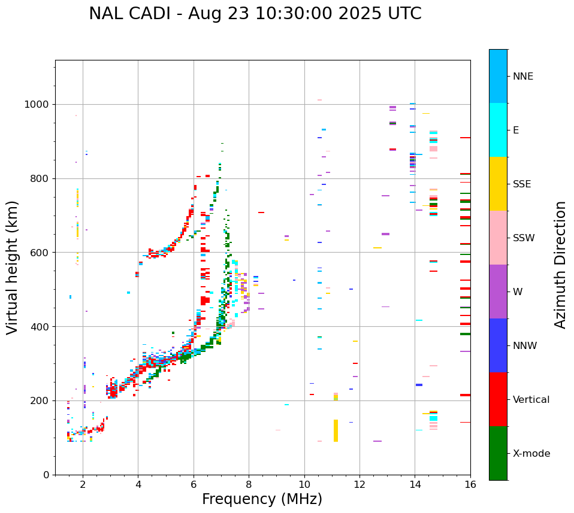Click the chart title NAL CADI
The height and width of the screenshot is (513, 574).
[255, 14]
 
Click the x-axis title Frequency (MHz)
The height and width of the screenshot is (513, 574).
[262, 499]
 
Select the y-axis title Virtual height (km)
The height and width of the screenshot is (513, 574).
[13, 267]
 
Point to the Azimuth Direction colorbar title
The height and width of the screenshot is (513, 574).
[560, 264]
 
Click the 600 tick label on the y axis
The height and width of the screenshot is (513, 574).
[40, 253]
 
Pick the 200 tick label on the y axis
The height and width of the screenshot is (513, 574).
[40, 400]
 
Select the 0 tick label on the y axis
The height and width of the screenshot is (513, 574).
[46, 475]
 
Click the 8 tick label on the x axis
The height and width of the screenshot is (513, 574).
[249, 484]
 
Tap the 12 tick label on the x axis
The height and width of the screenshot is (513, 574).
[359, 484]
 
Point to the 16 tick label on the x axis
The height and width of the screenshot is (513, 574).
[470, 484]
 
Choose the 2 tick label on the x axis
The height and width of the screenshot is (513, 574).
[83, 484]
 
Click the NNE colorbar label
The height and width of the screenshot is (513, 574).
[522, 77]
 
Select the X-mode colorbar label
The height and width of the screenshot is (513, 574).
[531, 454]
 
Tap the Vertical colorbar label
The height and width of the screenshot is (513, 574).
[531, 400]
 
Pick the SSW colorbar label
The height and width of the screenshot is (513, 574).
[524, 238]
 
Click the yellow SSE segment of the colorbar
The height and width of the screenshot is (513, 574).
[498, 184]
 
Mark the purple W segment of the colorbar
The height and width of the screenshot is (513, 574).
[498, 292]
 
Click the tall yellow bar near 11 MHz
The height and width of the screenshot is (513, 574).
[336, 430]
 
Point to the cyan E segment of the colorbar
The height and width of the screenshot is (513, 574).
[498, 130]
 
